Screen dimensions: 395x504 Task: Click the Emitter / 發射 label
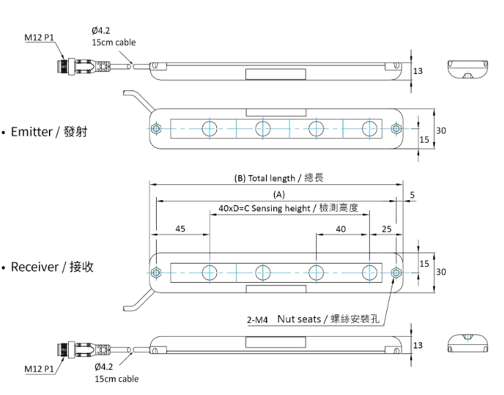click(x=48, y=131)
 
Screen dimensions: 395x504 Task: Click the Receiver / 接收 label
click(x=52, y=267)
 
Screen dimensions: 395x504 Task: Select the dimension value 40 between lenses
click(x=341, y=229)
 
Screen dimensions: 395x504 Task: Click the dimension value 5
click(x=412, y=195)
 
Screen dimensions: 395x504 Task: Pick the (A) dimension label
click(x=278, y=195)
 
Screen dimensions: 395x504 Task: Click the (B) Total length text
click(x=279, y=178)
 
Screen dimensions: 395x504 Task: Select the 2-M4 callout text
click(x=257, y=320)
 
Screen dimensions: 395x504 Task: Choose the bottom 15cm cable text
click(x=116, y=378)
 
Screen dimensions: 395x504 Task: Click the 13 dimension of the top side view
click(x=417, y=70)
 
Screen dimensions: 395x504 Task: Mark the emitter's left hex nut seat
click(x=156, y=128)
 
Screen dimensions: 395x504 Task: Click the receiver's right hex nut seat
click(x=396, y=271)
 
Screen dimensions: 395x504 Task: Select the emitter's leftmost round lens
click(x=210, y=128)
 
